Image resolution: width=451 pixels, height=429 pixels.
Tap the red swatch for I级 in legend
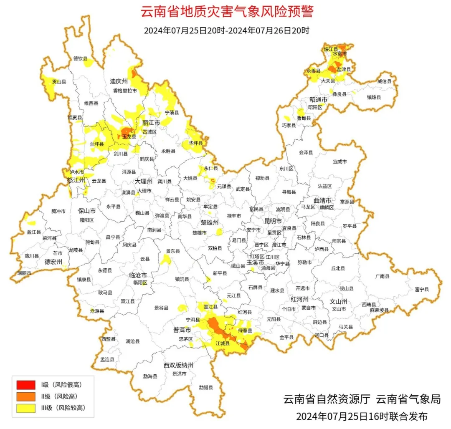tap(26, 384)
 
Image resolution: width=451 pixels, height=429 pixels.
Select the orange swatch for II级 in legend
tap(26, 396)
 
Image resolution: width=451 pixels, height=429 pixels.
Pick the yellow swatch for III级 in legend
tap(26, 408)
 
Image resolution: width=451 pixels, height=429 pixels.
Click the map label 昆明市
tap(273, 220)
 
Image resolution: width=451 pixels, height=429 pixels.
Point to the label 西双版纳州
tap(178, 365)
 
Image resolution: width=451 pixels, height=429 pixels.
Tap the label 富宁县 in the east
tap(422, 289)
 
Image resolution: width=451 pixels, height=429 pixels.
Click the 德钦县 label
tap(81, 59)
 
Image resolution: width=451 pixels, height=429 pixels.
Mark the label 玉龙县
tap(129, 136)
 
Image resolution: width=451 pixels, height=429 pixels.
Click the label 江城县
tap(223, 343)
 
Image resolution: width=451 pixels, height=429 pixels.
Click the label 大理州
tap(143, 182)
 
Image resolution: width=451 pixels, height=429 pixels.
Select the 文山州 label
tap(339, 301)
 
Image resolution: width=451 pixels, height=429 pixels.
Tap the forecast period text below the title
tap(226, 31)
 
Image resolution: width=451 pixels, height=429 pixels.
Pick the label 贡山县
tap(59, 82)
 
